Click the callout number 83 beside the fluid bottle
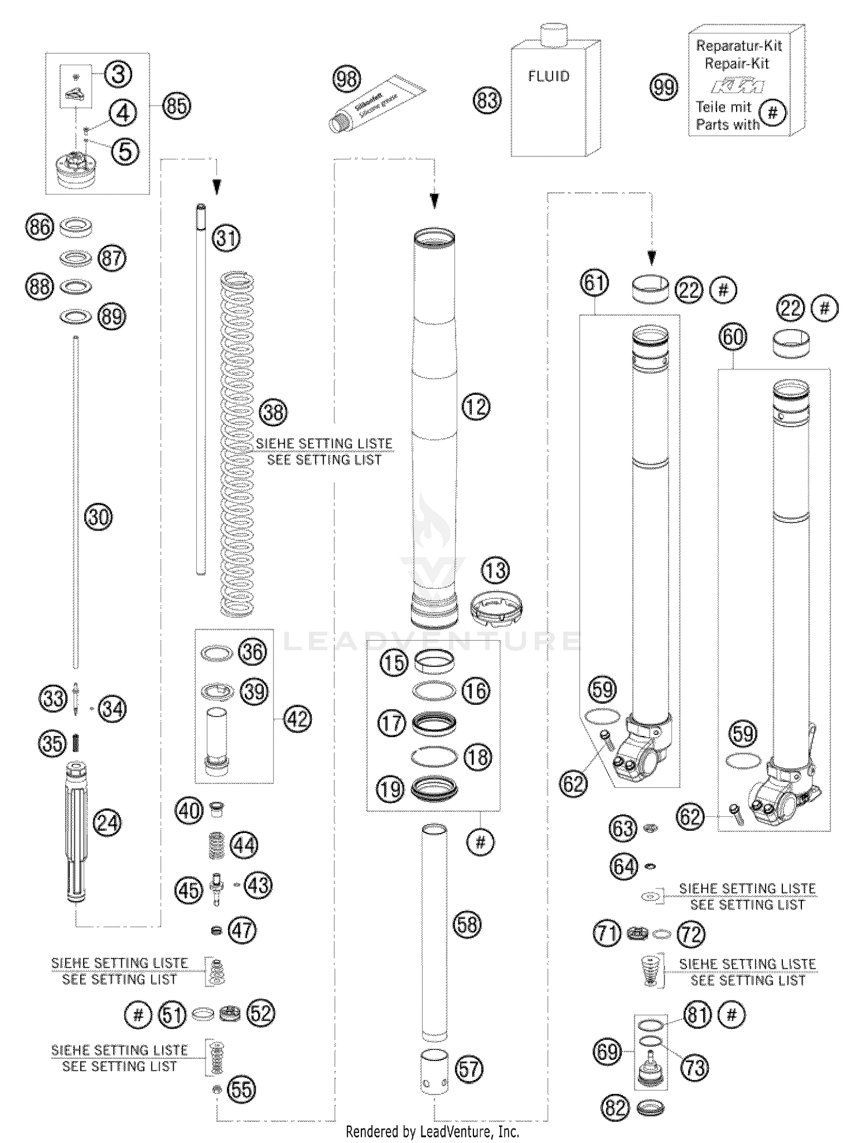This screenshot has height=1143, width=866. point(487,100)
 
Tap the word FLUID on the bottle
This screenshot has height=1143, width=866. point(548,77)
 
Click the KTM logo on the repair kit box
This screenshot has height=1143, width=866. point(737,87)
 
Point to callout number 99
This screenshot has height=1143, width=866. point(663,88)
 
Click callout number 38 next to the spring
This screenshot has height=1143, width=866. point(273,412)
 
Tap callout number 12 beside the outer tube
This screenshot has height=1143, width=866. point(476,407)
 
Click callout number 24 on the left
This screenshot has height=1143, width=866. point(108,823)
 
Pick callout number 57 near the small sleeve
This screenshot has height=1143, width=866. point(469,1069)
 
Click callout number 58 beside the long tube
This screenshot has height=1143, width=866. point(467,924)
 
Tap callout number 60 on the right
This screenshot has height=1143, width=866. point(733,337)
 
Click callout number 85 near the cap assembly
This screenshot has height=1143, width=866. point(176,106)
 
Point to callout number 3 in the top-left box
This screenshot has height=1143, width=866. point(118,74)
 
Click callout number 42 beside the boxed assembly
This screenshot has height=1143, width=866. point(297,719)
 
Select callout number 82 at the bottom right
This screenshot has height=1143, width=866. point(615,1108)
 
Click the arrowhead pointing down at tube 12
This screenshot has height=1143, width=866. point(434,201)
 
